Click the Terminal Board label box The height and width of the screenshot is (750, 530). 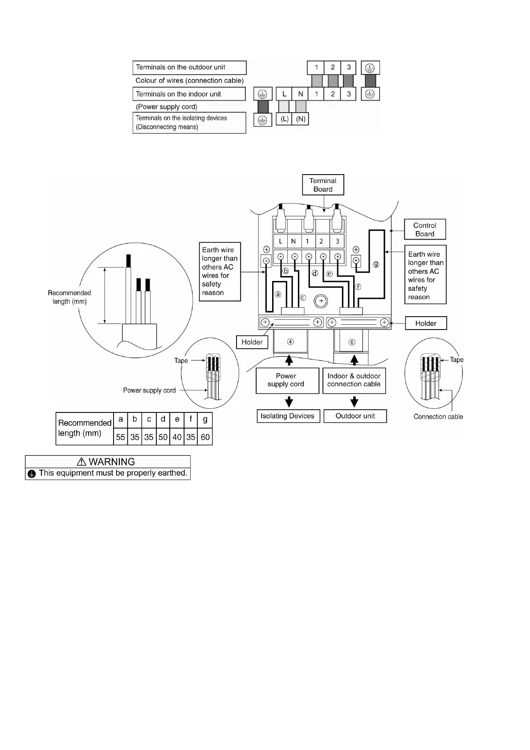(x=323, y=185)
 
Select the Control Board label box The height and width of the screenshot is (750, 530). (x=424, y=229)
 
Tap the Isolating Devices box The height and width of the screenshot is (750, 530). (x=288, y=416)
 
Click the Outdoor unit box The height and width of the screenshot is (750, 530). (x=355, y=416)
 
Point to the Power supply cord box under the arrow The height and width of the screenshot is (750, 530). (x=287, y=380)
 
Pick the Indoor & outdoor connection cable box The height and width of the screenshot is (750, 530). (x=354, y=380)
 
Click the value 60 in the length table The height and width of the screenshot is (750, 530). (x=205, y=437)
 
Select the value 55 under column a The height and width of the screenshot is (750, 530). (x=120, y=437)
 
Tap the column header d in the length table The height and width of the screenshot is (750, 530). (x=163, y=420)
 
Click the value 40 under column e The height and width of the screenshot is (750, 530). (x=177, y=437)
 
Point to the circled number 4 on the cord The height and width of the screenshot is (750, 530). (x=290, y=342)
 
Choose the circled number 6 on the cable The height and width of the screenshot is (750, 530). (x=352, y=342)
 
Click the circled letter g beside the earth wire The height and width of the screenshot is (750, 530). (x=376, y=264)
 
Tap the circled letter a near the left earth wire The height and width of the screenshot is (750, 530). (x=278, y=294)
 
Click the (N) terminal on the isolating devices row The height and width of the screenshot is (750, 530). (x=301, y=119)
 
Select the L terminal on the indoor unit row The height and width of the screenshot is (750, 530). (x=284, y=94)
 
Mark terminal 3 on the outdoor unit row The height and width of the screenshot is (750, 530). (x=349, y=67)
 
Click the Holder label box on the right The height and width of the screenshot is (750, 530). (x=426, y=323)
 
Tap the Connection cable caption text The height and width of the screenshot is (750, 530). (x=438, y=417)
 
